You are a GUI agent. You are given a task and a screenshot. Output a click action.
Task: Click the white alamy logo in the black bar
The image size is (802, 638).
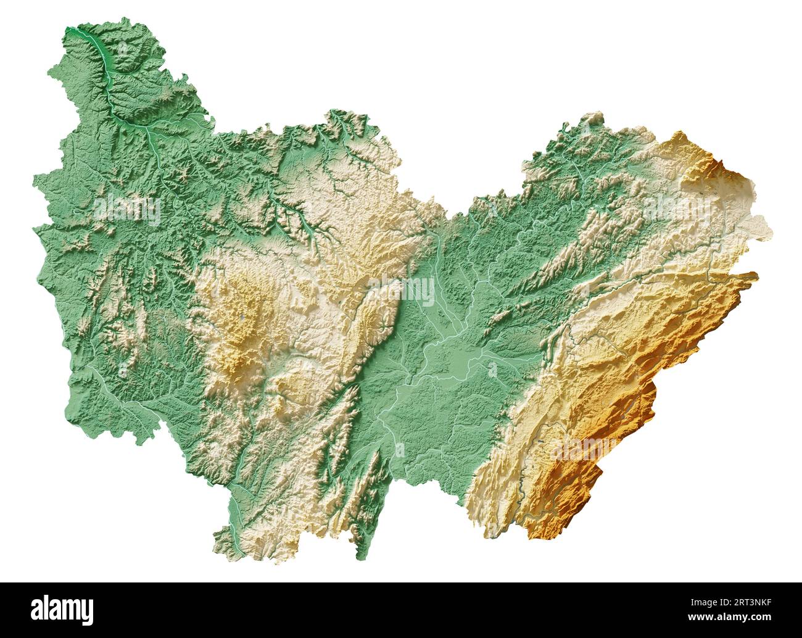64,610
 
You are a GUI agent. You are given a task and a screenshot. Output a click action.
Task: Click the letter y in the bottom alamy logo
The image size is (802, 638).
89,612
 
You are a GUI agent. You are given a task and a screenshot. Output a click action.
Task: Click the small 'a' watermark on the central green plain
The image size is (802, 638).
492,369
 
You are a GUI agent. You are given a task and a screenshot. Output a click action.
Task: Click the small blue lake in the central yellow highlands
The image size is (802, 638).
242,318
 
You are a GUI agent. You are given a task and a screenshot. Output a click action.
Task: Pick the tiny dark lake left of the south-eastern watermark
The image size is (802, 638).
541,442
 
